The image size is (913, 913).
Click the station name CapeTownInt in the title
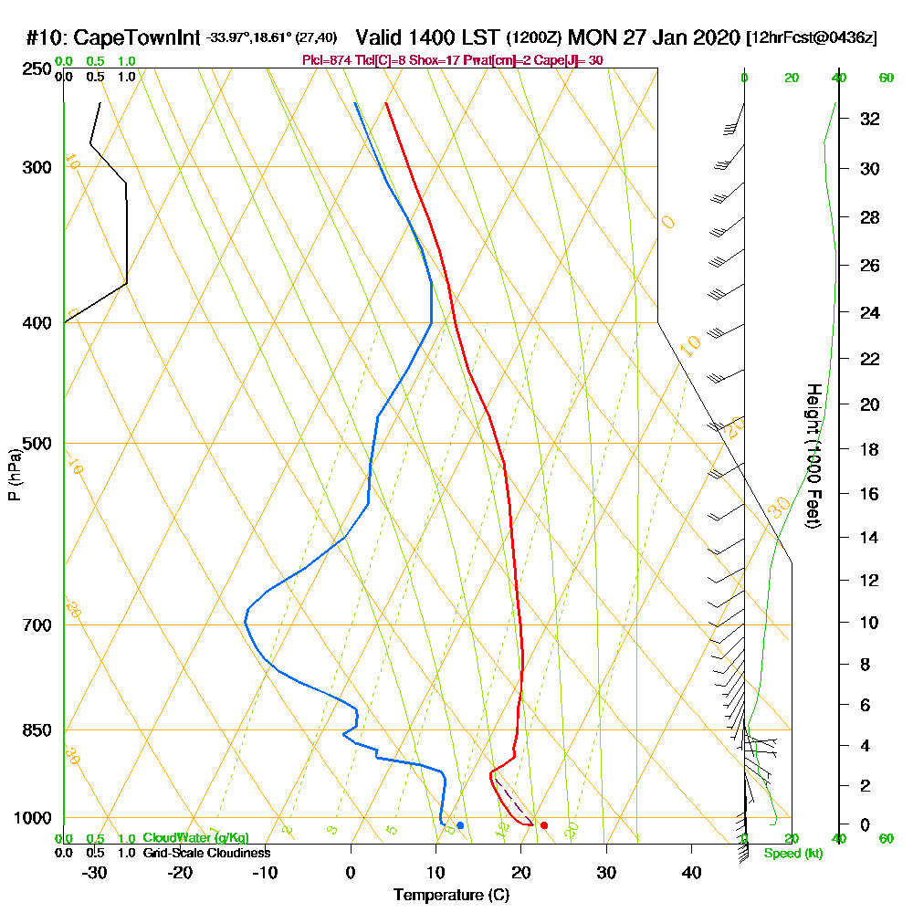click(135, 38)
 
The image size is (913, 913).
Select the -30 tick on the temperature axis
click(95, 873)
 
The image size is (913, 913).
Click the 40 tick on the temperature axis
click(691, 873)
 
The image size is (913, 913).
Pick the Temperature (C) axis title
click(451, 896)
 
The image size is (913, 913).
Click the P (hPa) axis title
click(14, 475)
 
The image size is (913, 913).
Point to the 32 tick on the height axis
click(869, 119)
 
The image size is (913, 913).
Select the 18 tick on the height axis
click(869, 449)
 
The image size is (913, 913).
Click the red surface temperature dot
click(544, 825)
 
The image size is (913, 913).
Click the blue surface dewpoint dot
click(460, 825)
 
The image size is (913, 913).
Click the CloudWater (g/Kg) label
click(195, 838)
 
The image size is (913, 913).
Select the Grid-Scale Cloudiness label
click(205, 853)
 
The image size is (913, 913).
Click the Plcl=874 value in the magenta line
click(321, 60)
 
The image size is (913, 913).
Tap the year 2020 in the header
click(715, 38)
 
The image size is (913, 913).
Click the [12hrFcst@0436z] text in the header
click(812, 38)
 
